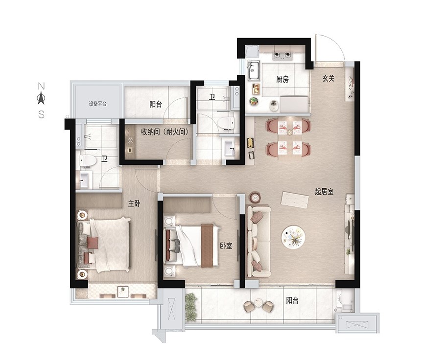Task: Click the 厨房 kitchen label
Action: coord(282,79)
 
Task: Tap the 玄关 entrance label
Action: coord(329,78)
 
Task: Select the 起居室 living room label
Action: coord(324,191)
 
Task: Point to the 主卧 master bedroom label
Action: coord(134,203)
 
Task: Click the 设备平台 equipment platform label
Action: coord(98,104)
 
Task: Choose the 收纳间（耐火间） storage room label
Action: coord(165,132)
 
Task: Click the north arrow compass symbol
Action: coord(41,98)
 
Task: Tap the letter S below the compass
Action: coord(41,114)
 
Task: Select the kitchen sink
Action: coord(253,70)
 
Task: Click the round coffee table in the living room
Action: coord(293,236)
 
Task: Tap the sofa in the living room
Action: coord(259,242)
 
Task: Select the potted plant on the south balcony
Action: coord(191,306)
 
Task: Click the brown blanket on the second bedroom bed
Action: coord(207,246)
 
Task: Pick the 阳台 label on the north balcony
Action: coord(156,104)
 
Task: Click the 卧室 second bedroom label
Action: coord(226,246)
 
